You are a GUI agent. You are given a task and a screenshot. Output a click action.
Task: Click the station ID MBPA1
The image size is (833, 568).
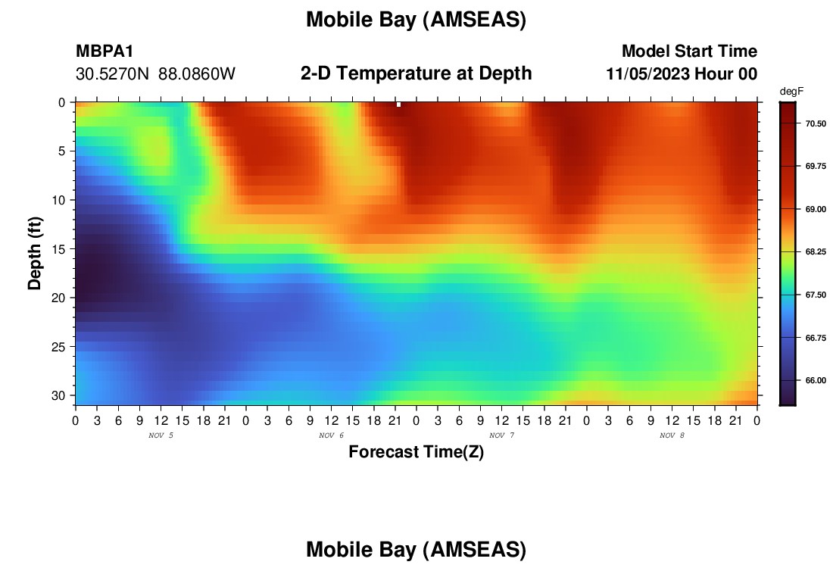[105, 51]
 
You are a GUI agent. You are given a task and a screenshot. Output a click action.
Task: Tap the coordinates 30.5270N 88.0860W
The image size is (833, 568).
[155, 74]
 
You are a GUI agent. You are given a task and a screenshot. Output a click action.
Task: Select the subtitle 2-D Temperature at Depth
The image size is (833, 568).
[416, 73]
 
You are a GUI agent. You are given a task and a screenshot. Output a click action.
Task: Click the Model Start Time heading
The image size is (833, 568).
[690, 51]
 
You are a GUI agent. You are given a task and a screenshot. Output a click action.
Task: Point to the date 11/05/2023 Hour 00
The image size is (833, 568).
[682, 74]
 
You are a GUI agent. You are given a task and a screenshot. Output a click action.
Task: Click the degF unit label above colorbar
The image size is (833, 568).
[791, 92]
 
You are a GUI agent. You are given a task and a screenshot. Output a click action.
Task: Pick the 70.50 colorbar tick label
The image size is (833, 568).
[816, 123]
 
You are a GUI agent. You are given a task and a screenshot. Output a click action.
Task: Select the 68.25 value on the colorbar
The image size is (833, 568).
[816, 252]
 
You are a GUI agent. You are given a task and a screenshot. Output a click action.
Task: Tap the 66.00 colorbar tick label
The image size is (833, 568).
[816, 380]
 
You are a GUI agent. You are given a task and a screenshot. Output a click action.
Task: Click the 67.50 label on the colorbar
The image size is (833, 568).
[816, 295]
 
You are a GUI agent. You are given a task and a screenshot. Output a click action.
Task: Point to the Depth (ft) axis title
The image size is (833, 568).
[35, 254]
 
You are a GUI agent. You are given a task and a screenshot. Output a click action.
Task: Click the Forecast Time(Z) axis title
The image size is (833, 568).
[416, 451]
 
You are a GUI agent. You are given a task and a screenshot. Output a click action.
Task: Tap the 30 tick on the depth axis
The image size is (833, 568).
[58, 396]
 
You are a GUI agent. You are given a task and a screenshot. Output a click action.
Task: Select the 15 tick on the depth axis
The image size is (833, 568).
[58, 249]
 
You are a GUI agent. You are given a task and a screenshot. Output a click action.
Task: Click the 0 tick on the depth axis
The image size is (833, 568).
[61, 102]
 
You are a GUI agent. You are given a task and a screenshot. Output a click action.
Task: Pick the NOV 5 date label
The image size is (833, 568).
[161, 435]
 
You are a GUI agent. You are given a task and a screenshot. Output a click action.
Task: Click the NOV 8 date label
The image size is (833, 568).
[672, 435]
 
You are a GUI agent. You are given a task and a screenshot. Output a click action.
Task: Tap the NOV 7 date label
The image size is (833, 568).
[501, 435]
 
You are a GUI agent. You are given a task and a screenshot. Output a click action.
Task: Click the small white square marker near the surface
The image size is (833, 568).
[398, 105]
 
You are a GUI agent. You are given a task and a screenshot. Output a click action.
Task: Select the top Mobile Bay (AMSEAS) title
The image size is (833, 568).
[416, 20]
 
